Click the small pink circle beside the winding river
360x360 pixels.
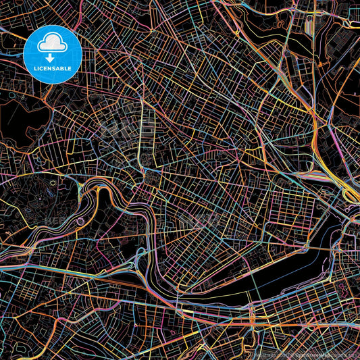80,221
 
